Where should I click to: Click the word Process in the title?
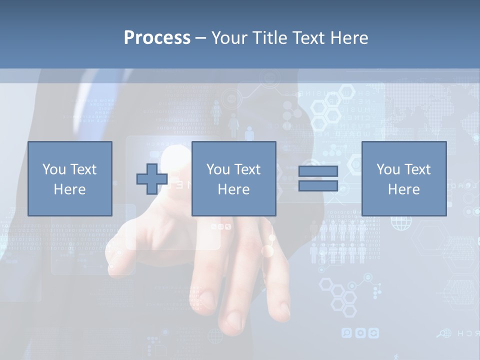coord(157,38)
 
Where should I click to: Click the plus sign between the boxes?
coord(152,178)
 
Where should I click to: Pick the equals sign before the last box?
coord(318,178)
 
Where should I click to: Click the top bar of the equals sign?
coord(318,171)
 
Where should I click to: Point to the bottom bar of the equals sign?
coord(318,185)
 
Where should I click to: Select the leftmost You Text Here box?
coord(69,178)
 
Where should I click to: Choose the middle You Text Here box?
coord(233,178)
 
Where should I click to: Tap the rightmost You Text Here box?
coord(403,178)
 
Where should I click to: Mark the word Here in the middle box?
coord(233,189)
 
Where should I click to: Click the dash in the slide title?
coord(201,38)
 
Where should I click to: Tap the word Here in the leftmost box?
coord(69,189)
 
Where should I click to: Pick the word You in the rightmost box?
coord(387,169)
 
